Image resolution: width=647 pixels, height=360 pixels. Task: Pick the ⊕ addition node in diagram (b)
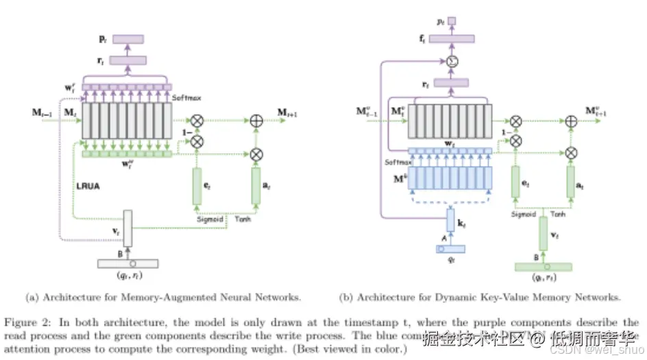point(571,121)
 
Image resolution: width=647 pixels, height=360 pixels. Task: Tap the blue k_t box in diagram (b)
point(450,221)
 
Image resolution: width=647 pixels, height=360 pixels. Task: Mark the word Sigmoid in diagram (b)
point(524,214)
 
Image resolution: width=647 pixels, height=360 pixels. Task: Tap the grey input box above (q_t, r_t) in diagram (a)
point(127,263)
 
